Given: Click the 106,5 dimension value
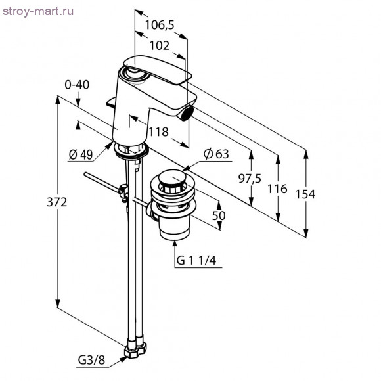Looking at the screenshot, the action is pos(160,25).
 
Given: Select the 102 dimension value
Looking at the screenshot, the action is pos(160,46).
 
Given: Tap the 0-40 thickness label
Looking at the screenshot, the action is pos(77,85).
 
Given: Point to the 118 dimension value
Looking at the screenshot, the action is pos(158,132).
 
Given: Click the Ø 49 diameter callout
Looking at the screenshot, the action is pos(81,154).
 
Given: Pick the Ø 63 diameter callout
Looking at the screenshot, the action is pos(216,154).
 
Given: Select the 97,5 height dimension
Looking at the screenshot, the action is pos(250,179).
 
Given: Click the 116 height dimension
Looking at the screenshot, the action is pos(277,189).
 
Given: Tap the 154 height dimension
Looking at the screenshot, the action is pos(305,194).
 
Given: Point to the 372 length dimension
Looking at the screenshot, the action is pos(57,202).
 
